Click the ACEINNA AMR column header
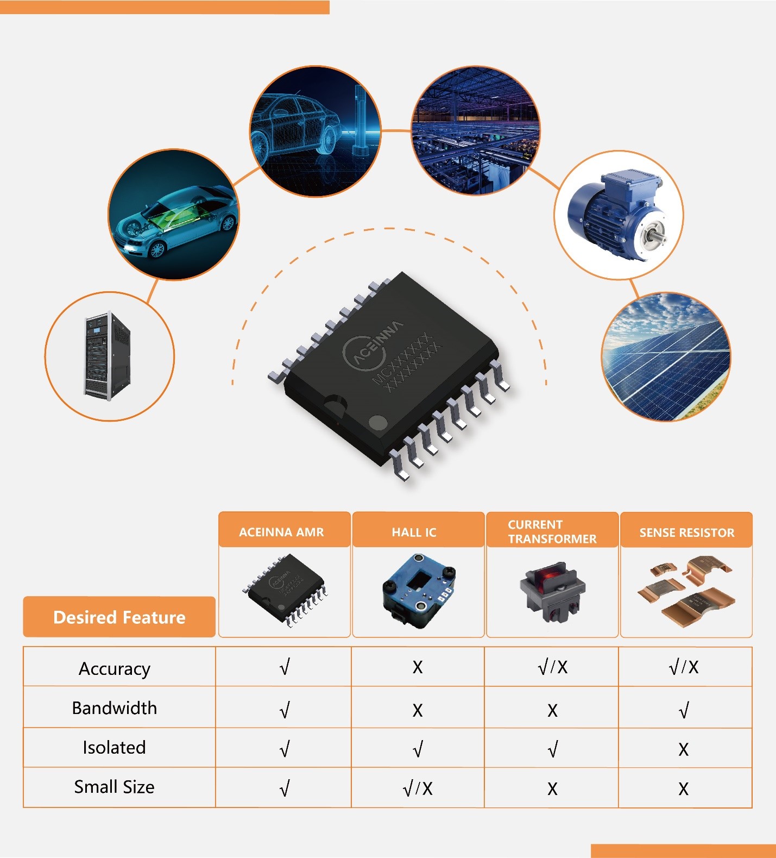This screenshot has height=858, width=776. pyautogui.click(x=281, y=532)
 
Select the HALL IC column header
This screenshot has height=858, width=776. pyautogui.click(x=414, y=533)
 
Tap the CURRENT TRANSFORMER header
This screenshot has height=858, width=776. pyautogui.click(x=552, y=531)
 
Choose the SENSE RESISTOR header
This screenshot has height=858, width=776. pyautogui.click(x=687, y=533)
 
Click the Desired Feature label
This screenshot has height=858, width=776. pyautogui.click(x=119, y=617)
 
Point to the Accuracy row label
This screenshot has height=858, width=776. pyautogui.click(x=115, y=668)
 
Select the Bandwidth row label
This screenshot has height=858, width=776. pyautogui.click(x=115, y=708)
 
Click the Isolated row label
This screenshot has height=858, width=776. pyautogui.click(x=115, y=748)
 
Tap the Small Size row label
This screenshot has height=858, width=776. pyautogui.click(x=115, y=787)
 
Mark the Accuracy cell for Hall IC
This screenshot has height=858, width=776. pyautogui.click(x=417, y=667)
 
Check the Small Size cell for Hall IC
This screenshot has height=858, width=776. pyautogui.click(x=418, y=788)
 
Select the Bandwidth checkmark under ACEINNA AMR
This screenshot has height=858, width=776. pyautogui.click(x=285, y=710)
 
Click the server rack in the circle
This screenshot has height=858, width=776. pyautogui.click(x=107, y=356)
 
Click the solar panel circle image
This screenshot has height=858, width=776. pyautogui.click(x=666, y=356)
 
